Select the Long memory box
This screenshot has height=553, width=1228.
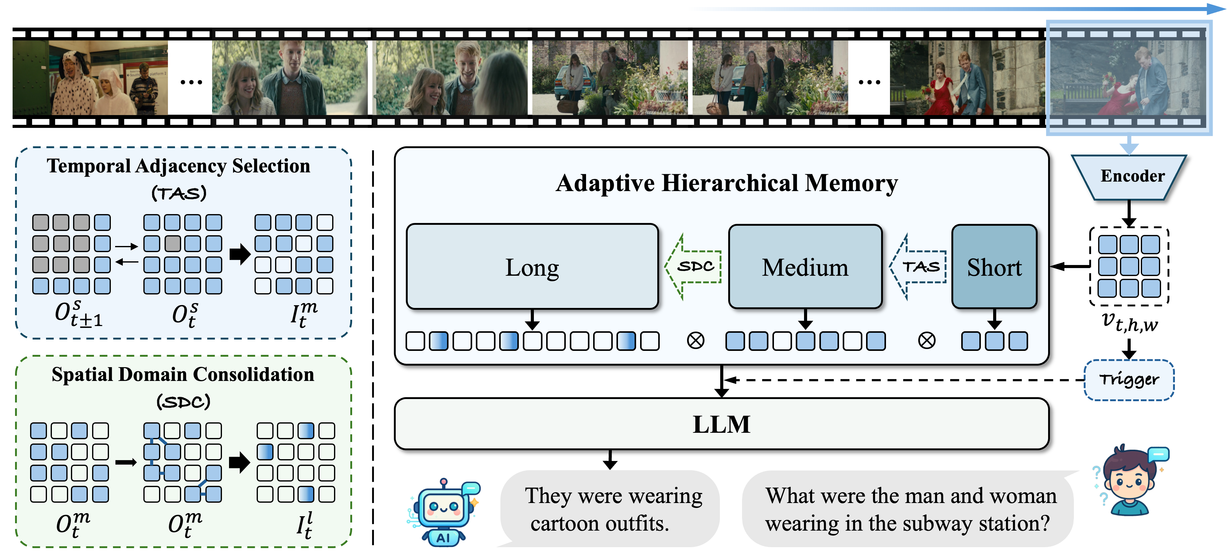532,267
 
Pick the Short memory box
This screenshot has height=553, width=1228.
994,267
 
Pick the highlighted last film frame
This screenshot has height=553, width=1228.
1128,78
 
